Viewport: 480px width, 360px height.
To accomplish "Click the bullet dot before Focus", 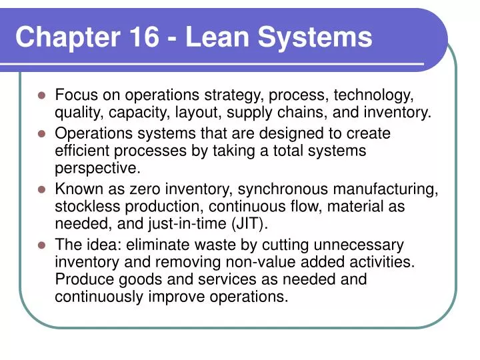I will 42,96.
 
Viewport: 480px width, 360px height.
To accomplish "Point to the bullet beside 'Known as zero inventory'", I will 42,189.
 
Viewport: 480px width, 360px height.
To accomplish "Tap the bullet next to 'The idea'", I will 42,245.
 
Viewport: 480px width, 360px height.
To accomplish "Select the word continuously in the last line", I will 99,297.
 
